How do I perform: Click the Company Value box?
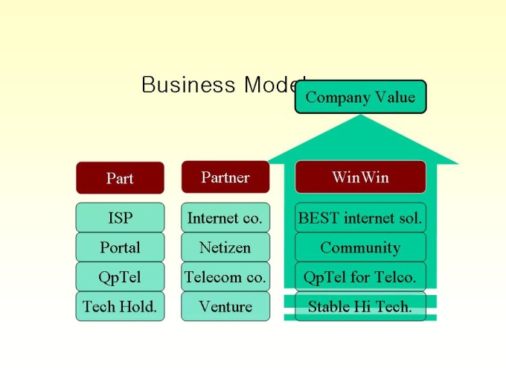tap(360, 97)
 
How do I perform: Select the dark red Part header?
tap(120, 178)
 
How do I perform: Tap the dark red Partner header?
tap(225, 177)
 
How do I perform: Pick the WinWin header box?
tap(360, 177)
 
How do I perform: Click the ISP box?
tap(120, 218)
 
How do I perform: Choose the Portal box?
tap(120, 247)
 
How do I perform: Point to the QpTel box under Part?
tap(120, 277)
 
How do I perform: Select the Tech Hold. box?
tap(120, 306)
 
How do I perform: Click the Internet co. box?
tap(225, 218)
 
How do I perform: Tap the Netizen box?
tap(225, 247)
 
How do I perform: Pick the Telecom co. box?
tap(225, 277)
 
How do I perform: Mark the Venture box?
tap(225, 306)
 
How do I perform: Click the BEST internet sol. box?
tap(360, 218)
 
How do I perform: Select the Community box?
tap(360, 247)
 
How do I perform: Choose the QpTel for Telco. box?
tap(360, 277)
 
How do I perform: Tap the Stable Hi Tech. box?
tap(360, 306)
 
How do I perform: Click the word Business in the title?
tap(188, 85)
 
